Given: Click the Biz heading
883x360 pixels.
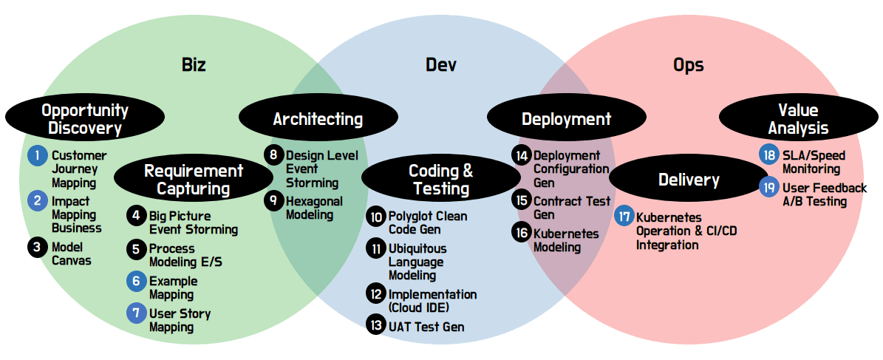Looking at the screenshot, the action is pyautogui.click(x=194, y=65).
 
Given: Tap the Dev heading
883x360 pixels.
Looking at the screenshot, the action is pyautogui.click(x=441, y=65).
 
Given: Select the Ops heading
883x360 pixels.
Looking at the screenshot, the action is pyautogui.click(x=688, y=65).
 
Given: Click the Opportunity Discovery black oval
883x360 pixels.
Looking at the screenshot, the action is pyautogui.click(x=85, y=119).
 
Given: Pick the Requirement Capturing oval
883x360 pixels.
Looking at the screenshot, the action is pyautogui.click(x=193, y=179).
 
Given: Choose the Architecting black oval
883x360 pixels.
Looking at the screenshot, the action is pyautogui.click(x=318, y=119).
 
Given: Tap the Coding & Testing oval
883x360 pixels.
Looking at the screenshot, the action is pyautogui.click(x=441, y=179).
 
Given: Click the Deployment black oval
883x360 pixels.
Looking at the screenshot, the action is pyautogui.click(x=566, y=119).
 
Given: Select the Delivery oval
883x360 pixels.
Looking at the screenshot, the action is pyautogui.click(x=689, y=179).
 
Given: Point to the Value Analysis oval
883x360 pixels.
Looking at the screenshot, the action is pyautogui.click(x=798, y=119).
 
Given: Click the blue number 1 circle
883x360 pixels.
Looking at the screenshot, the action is pyautogui.click(x=38, y=155).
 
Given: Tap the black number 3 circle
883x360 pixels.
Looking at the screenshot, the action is pyautogui.click(x=38, y=247).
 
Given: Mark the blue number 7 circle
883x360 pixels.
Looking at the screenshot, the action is pyautogui.click(x=136, y=313).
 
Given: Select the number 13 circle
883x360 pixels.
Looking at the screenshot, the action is pyautogui.click(x=375, y=326).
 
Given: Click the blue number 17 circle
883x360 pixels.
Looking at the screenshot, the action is pyautogui.click(x=624, y=217).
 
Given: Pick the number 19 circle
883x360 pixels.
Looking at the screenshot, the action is pyautogui.click(x=768, y=186).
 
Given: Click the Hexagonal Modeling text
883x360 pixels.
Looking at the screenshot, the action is pyautogui.click(x=314, y=207).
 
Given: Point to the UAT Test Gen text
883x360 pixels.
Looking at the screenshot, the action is pyautogui.click(x=426, y=326).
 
